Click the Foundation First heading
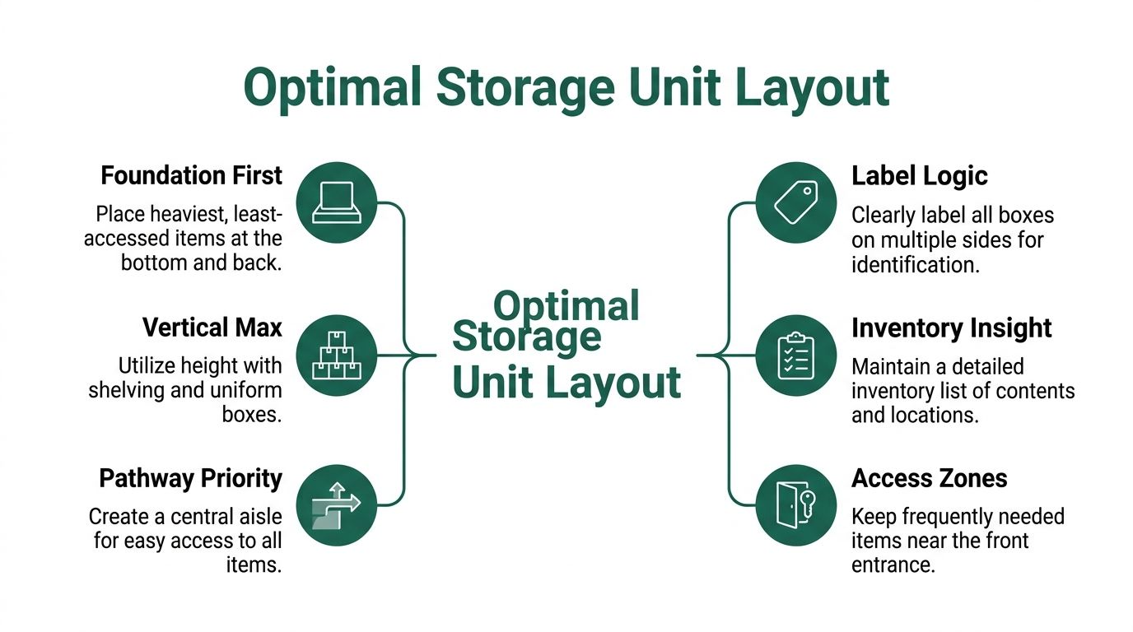(x=191, y=175)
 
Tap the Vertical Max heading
(x=212, y=328)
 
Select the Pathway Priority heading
(x=190, y=478)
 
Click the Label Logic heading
(x=919, y=175)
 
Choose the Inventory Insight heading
(x=951, y=328)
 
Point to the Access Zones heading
(x=929, y=478)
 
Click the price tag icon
(x=795, y=202)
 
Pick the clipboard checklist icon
(x=795, y=355)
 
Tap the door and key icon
(x=795, y=505)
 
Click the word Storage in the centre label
(x=527, y=337)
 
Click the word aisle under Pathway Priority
(x=255, y=517)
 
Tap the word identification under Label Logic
(x=914, y=265)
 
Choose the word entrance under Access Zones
(x=893, y=565)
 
